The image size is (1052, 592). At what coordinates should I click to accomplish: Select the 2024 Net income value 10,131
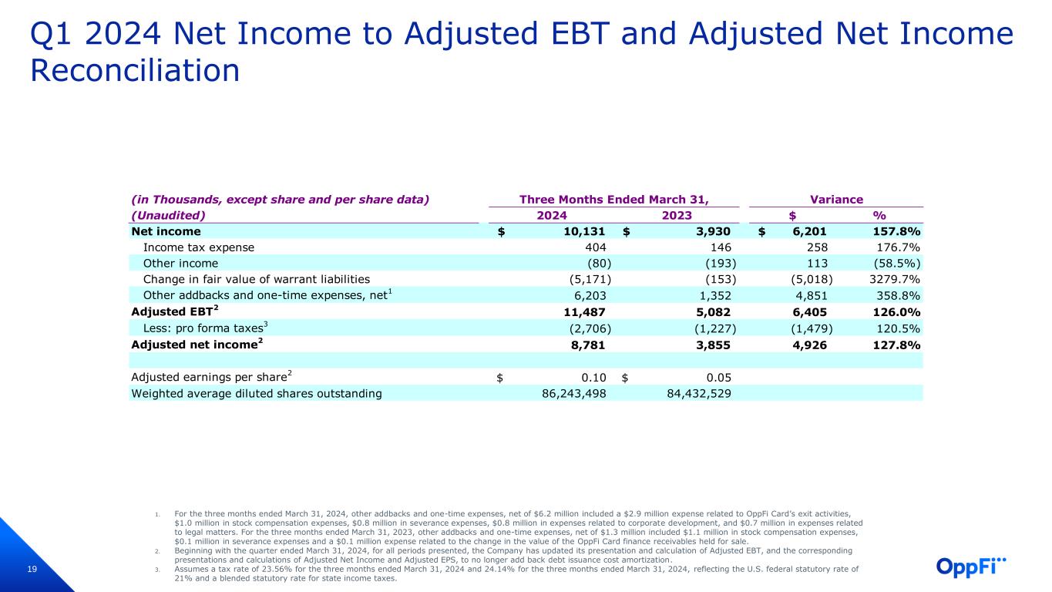tap(582, 231)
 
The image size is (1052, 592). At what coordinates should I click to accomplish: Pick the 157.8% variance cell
tap(892, 231)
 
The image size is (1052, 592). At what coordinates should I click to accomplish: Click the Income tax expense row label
tap(199, 247)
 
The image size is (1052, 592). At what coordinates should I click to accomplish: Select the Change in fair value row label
tap(257, 279)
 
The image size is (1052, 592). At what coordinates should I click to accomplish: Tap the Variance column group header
tap(836, 199)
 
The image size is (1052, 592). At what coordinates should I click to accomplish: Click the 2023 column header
tap(677, 215)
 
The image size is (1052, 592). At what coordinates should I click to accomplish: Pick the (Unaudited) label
tap(169, 215)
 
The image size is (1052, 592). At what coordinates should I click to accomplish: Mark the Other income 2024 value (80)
tap(592, 264)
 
